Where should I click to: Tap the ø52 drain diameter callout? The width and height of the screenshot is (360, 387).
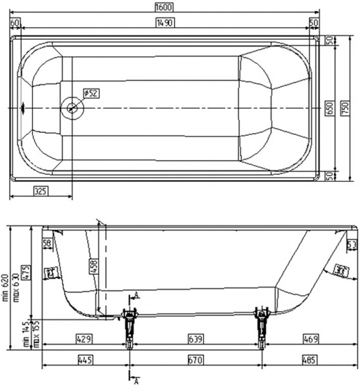point(92,94)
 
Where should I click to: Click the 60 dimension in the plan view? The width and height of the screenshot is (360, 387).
point(15,23)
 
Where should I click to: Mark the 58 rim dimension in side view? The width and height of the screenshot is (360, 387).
point(46,243)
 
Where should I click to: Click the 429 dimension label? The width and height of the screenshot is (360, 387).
point(83,338)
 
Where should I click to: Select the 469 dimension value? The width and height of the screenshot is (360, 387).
point(310,338)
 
